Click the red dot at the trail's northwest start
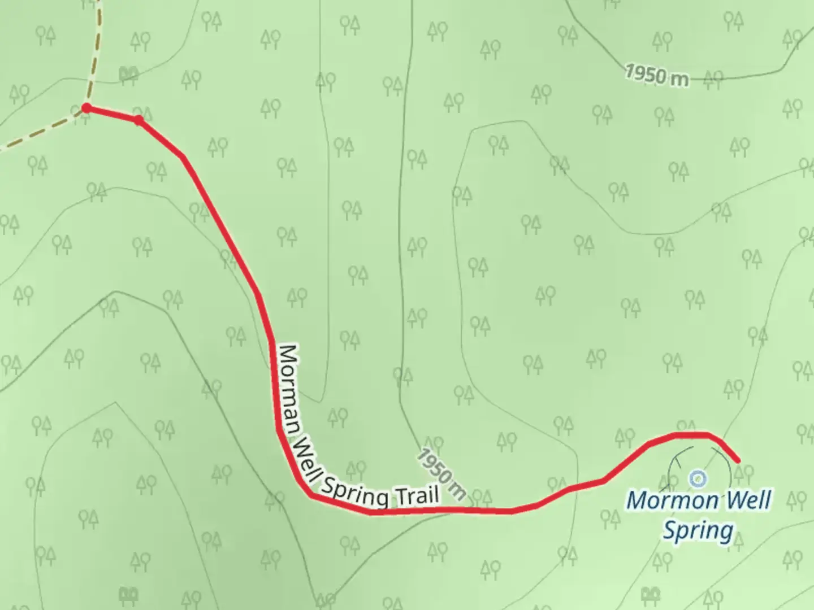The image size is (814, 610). (86, 107)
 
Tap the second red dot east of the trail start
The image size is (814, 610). (138, 119)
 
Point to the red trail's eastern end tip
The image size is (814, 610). (738, 461)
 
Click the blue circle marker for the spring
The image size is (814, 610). (698, 478)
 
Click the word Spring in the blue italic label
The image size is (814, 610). (698, 531)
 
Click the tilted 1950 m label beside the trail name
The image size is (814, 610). (443, 474)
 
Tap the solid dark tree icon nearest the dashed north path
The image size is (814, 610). (129, 73)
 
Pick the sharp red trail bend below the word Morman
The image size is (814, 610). (310, 495)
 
